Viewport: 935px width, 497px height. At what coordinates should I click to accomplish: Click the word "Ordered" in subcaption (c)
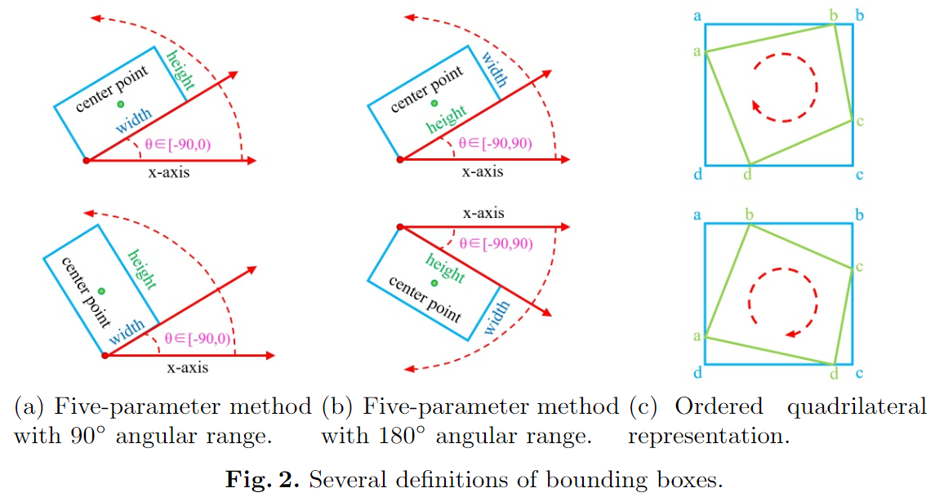[719, 406]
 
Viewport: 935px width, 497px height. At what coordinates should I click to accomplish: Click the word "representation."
[709, 436]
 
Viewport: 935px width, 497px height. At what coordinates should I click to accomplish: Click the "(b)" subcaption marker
[336, 406]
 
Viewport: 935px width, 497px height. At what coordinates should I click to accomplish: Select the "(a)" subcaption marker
[29, 406]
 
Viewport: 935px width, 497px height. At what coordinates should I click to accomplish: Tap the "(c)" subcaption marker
[644, 406]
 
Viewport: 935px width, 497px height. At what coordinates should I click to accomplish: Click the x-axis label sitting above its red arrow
[483, 214]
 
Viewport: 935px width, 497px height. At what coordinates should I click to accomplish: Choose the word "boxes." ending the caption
[693, 480]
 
